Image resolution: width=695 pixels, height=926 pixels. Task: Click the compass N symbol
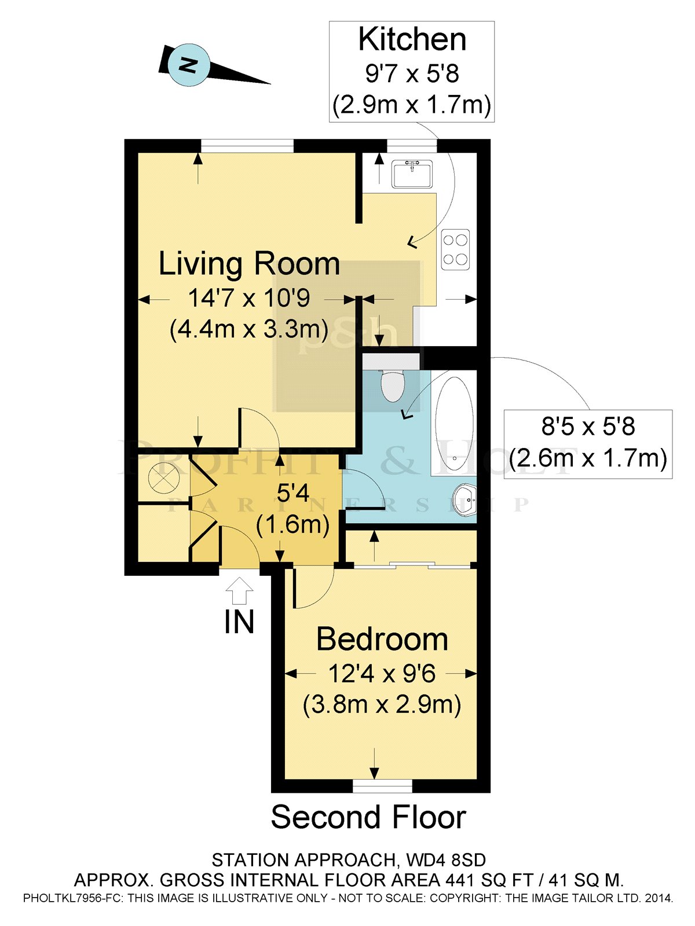tap(187, 65)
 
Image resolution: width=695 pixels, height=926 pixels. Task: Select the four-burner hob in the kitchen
tap(455, 249)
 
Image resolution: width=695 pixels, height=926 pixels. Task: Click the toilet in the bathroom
tap(393, 385)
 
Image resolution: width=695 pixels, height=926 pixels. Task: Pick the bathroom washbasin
tap(464, 499)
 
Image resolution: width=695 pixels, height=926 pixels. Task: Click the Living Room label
tap(249, 264)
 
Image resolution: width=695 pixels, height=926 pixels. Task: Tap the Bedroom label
tap(382, 640)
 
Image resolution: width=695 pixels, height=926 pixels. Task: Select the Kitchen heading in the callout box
tap(412, 39)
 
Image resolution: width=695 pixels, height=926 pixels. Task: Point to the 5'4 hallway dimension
tap(293, 494)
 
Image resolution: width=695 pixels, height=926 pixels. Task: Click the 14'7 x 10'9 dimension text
tap(249, 299)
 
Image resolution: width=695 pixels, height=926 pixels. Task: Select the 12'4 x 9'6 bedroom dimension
tap(382, 674)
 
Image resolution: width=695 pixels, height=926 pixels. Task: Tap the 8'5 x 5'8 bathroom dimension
tap(588, 427)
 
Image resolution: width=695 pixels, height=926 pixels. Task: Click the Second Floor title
tap(368, 817)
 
